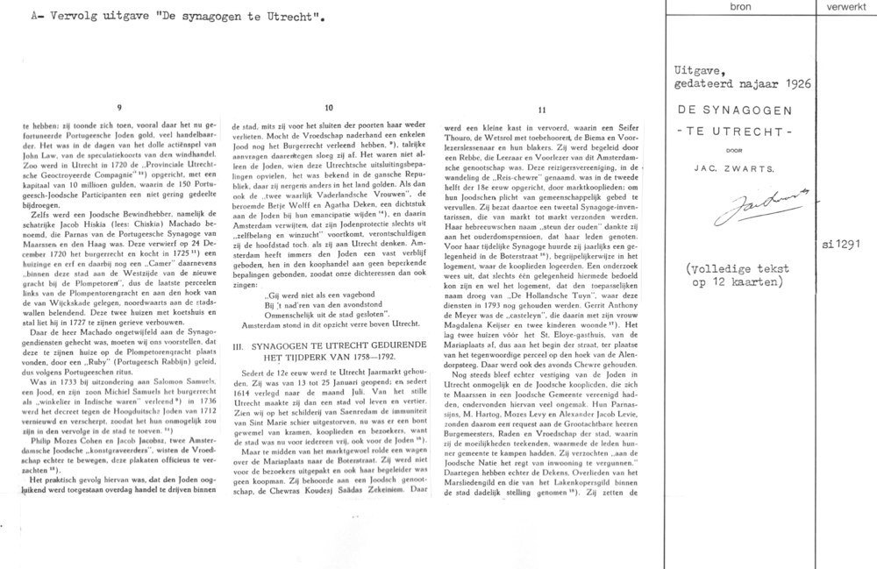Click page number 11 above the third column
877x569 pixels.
coord(544,110)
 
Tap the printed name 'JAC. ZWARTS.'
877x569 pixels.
coord(739,166)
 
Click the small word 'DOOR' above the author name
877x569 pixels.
coord(739,148)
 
